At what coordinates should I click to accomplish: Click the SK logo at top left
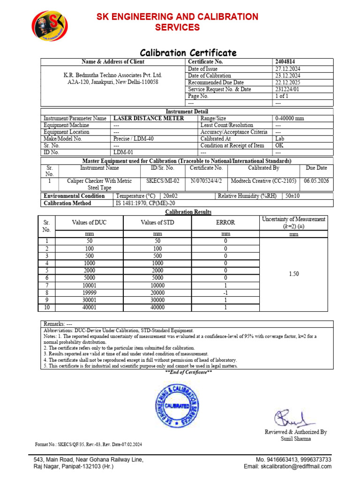49,26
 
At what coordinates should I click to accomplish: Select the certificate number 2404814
285,62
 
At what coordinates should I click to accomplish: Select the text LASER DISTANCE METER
149,119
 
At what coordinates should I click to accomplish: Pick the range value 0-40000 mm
291,119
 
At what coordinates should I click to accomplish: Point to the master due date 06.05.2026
317,181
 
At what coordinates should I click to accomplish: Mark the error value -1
225,292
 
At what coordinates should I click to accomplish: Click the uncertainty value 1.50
293,274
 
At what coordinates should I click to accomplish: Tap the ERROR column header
225,223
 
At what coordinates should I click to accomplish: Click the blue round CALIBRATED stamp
177,404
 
